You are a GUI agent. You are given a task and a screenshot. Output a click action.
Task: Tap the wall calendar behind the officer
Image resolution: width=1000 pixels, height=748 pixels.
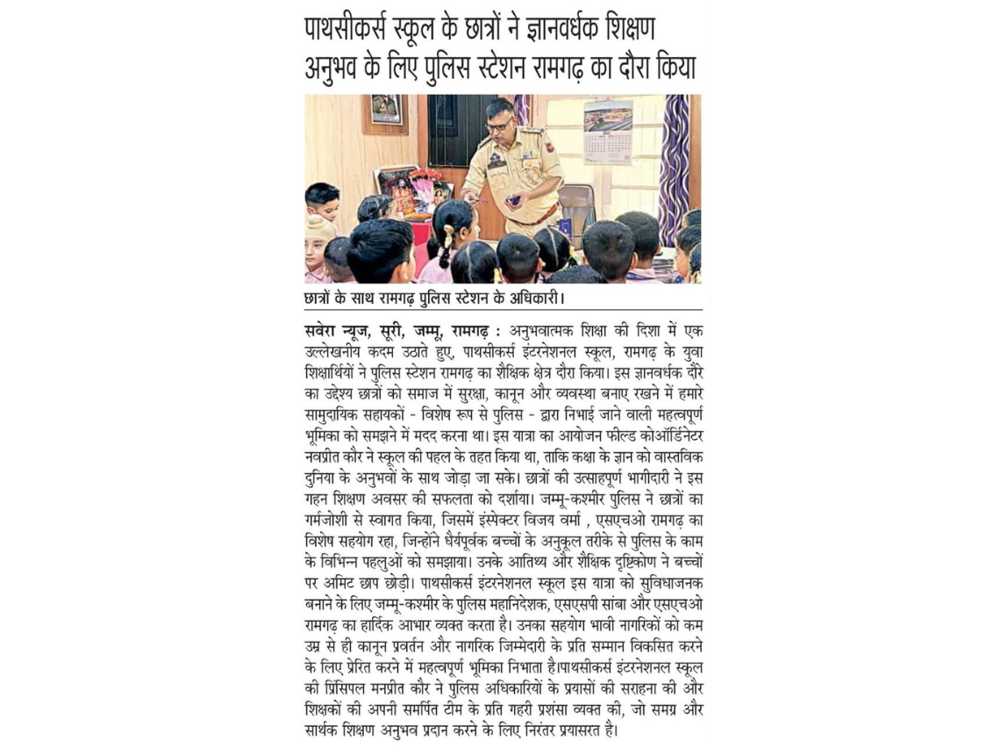tap(608, 131)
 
